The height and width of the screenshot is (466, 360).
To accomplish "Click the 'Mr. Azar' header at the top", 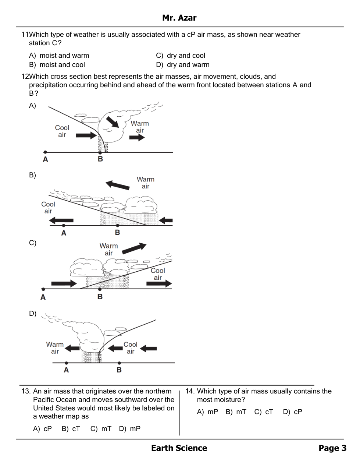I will tap(179, 18).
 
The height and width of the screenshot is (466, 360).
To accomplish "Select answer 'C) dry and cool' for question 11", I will tap(181, 56).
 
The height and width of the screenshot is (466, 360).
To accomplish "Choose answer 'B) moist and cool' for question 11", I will tap(57, 65).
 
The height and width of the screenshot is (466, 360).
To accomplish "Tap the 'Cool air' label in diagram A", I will tap(62, 131).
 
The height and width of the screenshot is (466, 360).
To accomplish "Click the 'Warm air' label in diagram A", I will tap(140, 127).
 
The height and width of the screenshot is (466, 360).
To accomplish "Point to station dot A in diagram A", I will tap(45, 152).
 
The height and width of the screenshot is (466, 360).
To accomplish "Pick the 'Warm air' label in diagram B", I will tap(145, 183).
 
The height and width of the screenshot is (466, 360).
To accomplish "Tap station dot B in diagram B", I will tap(117, 225).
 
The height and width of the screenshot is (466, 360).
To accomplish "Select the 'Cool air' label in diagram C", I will tap(158, 274).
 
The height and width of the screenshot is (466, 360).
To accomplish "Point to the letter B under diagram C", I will tap(100, 297).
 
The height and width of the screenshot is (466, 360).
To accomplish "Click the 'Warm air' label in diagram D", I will tap(55, 348).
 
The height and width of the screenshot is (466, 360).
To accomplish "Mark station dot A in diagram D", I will tap(66, 363).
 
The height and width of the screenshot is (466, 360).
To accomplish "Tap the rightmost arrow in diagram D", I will tap(149, 348).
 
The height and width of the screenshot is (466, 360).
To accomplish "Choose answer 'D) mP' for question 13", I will tap(130, 429).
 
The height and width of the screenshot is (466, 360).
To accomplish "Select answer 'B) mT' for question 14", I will tap(236, 412).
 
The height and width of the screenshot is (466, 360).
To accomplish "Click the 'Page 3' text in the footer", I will tap(332, 448).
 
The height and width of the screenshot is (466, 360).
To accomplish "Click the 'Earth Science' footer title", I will tap(179, 448).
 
